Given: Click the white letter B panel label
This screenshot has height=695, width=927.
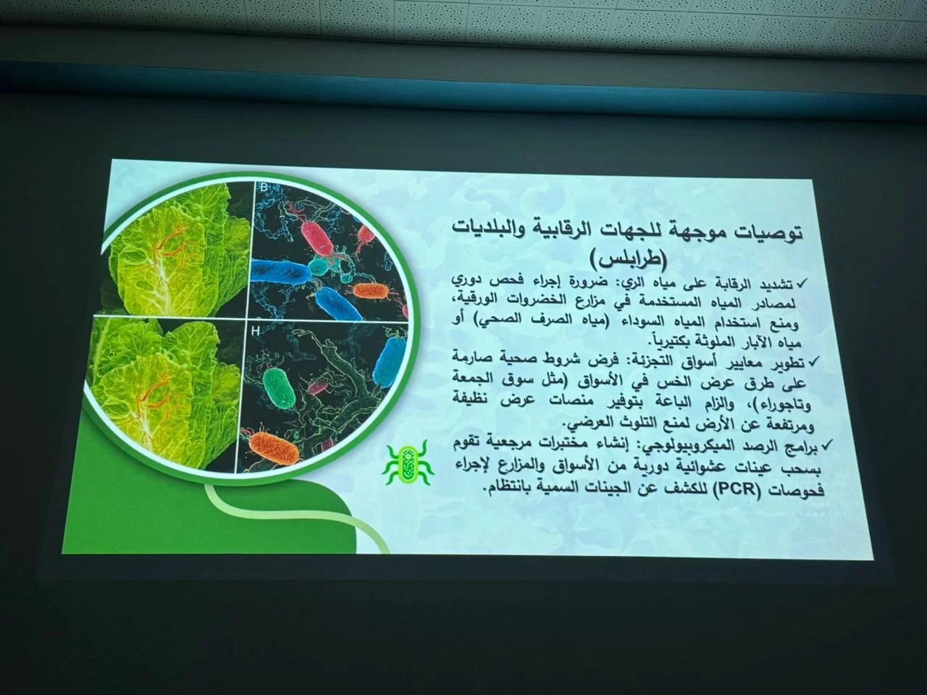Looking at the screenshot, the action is (264, 188).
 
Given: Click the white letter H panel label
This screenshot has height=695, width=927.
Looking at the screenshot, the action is (255, 332).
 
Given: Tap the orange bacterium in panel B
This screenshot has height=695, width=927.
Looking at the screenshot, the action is (370, 291).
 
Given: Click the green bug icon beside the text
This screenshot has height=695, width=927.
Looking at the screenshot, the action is (408, 464).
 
